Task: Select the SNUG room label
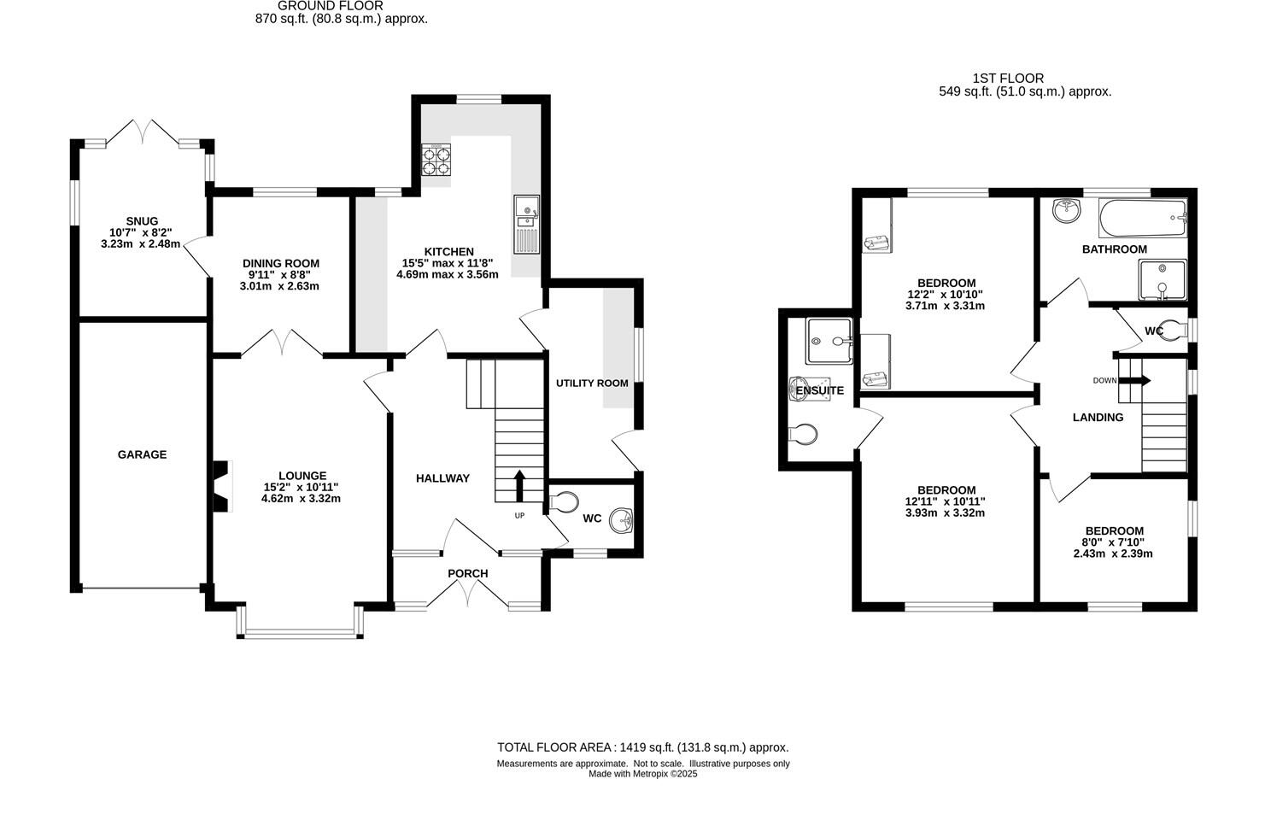[x=141, y=221]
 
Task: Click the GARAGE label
[x=142, y=454]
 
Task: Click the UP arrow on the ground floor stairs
[x=518, y=483]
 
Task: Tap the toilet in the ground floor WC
[x=565, y=501]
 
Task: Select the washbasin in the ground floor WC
[x=622, y=518]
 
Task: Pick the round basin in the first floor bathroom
[x=1064, y=210]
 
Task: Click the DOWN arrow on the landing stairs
[x=1140, y=380]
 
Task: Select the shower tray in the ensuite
[x=829, y=342]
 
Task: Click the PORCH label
[x=468, y=573]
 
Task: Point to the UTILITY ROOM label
[x=592, y=383]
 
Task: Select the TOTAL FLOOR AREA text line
[x=642, y=747]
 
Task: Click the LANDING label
[x=1098, y=418]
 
